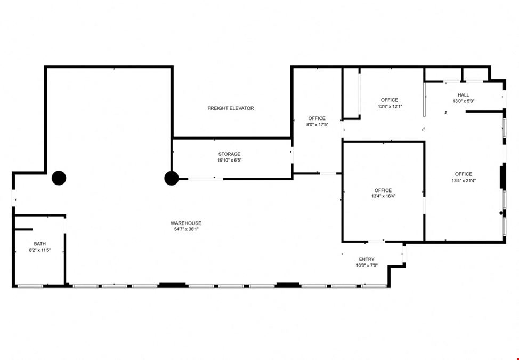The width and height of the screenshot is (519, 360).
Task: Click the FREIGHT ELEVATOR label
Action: tap(230, 108)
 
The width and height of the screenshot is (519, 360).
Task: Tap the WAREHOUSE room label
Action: tap(185, 223)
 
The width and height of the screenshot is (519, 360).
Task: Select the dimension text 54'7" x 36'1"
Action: tap(185, 229)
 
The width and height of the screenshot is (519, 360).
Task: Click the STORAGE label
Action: tap(229, 154)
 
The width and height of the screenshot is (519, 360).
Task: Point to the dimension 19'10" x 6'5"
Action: tap(229, 161)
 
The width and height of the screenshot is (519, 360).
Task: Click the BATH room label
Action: tap(40, 244)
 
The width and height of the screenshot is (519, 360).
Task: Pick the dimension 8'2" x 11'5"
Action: tap(40, 250)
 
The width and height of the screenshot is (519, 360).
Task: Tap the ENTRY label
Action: tap(367, 259)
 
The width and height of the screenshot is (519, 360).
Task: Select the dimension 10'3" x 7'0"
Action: tap(367, 265)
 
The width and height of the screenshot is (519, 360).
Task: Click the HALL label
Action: tap(464, 95)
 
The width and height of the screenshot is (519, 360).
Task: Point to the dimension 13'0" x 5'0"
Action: tap(464, 101)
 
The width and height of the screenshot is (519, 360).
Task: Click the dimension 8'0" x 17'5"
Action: tap(317, 124)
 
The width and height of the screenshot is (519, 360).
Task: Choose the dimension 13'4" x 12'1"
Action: tap(390, 106)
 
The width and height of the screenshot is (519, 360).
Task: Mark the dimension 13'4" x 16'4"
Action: tap(383, 196)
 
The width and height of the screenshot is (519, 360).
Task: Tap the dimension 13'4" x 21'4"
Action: tap(464, 180)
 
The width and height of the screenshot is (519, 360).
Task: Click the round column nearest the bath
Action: tap(59, 178)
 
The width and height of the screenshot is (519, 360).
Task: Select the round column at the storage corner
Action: tap(172, 178)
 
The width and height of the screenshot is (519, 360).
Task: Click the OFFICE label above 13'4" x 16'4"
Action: tap(383, 190)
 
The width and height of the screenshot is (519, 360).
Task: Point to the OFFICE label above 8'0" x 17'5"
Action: tap(317, 118)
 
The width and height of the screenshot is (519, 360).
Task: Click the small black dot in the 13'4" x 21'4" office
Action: tap(501, 213)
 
